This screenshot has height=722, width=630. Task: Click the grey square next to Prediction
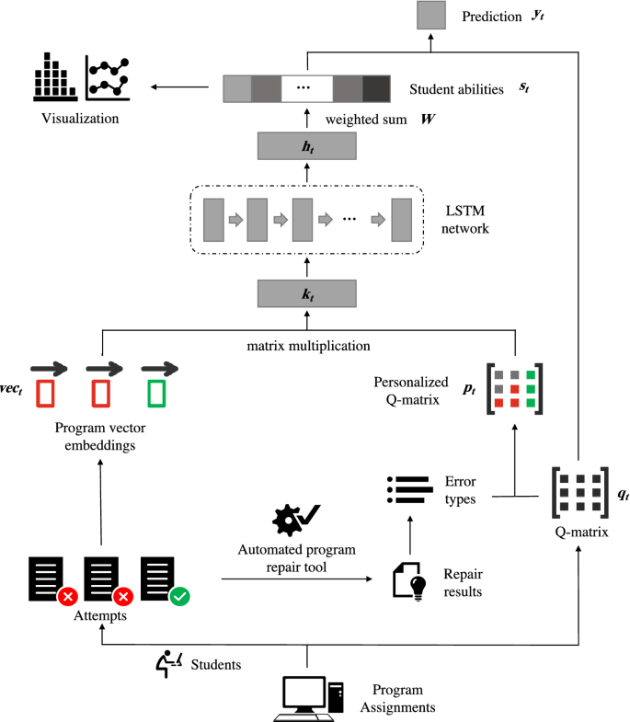click(431, 16)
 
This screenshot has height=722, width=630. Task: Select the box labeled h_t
click(306, 146)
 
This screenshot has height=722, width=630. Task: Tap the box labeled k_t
click(306, 293)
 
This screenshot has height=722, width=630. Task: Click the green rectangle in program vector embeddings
click(156, 394)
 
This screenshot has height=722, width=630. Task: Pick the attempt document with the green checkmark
click(165, 581)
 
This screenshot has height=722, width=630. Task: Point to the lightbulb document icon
click(409, 581)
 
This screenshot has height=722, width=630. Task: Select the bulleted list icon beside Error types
click(410, 490)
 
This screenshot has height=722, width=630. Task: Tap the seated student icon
click(168, 663)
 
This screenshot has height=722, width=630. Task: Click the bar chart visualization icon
click(55, 77)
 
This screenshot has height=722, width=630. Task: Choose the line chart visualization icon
click(108, 78)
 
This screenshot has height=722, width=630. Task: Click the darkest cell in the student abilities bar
click(376, 88)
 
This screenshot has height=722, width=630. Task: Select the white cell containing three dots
click(306, 88)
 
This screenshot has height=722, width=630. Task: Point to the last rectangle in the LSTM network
click(402, 220)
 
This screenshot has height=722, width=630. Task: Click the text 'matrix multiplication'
click(308, 346)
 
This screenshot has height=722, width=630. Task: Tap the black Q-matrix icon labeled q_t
click(580, 492)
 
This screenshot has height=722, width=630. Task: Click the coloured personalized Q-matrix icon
click(514, 389)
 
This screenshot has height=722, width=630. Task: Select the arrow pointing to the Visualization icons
click(179, 86)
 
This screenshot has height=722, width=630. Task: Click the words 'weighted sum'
click(366, 120)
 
